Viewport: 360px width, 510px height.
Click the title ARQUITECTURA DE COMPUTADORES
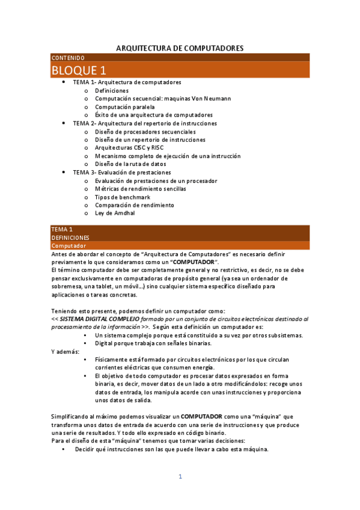[x=179, y=48]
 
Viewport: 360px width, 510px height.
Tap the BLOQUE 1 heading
[x=79, y=70]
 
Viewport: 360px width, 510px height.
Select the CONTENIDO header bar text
[x=68, y=57]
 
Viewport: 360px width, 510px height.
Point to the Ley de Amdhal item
[x=115, y=213]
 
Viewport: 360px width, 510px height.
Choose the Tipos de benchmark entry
[x=123, y=197]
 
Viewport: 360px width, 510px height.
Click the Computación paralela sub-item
[x=124, y=106]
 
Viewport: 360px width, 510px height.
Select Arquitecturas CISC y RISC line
[x=129, y=147]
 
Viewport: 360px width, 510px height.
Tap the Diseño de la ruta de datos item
[x=130, y=164]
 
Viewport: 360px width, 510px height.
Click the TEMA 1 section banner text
[x=62, y=230]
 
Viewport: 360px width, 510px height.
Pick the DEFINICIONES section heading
[x=70, y=238]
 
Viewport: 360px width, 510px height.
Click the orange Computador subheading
[x=69, y=246]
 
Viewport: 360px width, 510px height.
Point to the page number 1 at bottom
[x=180, y=477]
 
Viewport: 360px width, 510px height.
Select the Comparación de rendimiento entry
[x=135, y=204]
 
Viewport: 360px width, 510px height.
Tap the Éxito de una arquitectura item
[x=154, y=115]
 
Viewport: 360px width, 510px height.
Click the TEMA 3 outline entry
[x=121, y=172]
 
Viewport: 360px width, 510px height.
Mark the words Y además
[x=64, y=351]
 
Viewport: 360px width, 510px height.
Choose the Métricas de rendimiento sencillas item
[x=140, y=188]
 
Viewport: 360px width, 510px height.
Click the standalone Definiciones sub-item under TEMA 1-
[x=112, y=90]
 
